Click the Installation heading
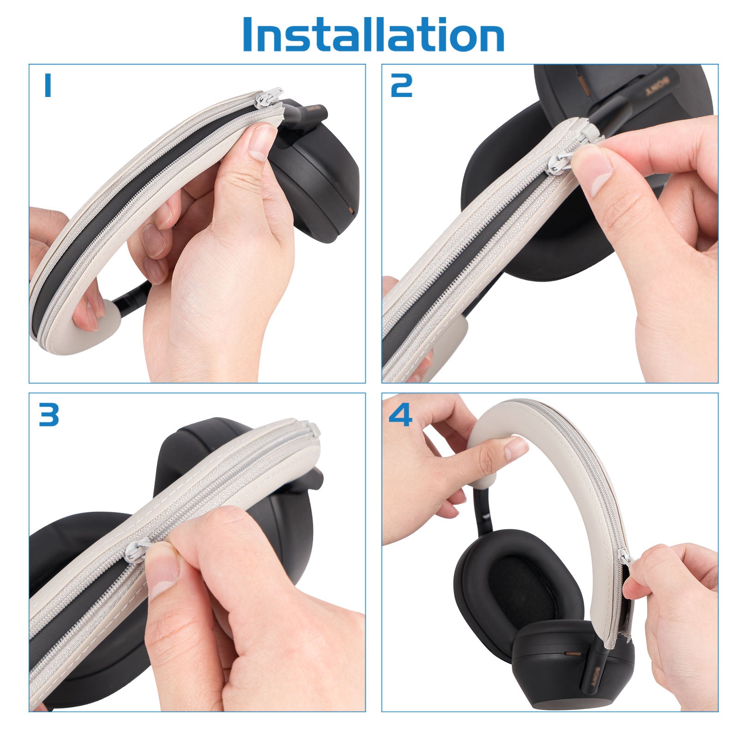coord(373,35)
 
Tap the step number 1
coord(47,86)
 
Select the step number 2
coord(401,86)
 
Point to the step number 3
coord(48,414)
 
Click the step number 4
coord(400,414)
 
